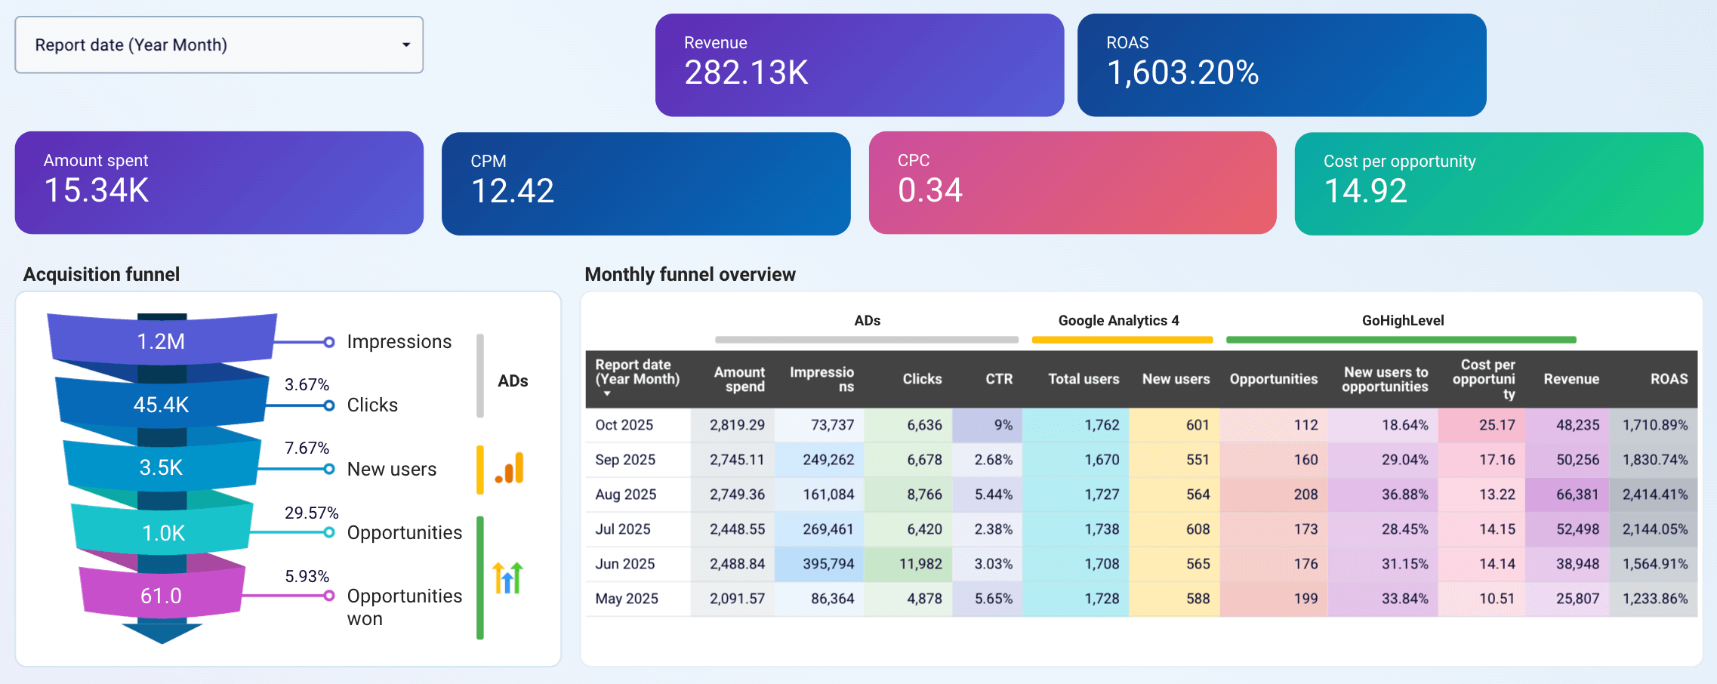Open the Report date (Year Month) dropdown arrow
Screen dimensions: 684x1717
406,45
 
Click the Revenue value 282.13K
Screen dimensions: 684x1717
745,73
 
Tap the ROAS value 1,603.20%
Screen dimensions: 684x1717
1182,73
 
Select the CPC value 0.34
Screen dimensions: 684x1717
929,190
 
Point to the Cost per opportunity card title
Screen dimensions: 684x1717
1399,162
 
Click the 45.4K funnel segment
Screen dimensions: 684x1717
161,405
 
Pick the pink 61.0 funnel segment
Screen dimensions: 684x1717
161,596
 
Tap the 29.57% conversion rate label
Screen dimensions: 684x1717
311,513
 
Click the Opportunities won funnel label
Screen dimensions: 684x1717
404,606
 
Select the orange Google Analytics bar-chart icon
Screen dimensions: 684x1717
510,468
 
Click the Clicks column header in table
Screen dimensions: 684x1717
922,379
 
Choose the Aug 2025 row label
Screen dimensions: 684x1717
626,495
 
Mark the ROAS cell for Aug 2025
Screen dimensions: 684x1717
1654,495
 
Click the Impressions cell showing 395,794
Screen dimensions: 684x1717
828,564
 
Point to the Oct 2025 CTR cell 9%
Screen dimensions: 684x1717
1003,425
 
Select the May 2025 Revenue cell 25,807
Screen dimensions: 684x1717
1577,599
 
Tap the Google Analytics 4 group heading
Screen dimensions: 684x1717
1118,321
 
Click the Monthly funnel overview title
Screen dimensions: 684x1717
689,275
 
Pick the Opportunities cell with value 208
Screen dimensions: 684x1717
1305,495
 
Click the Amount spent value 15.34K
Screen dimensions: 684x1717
96,190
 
